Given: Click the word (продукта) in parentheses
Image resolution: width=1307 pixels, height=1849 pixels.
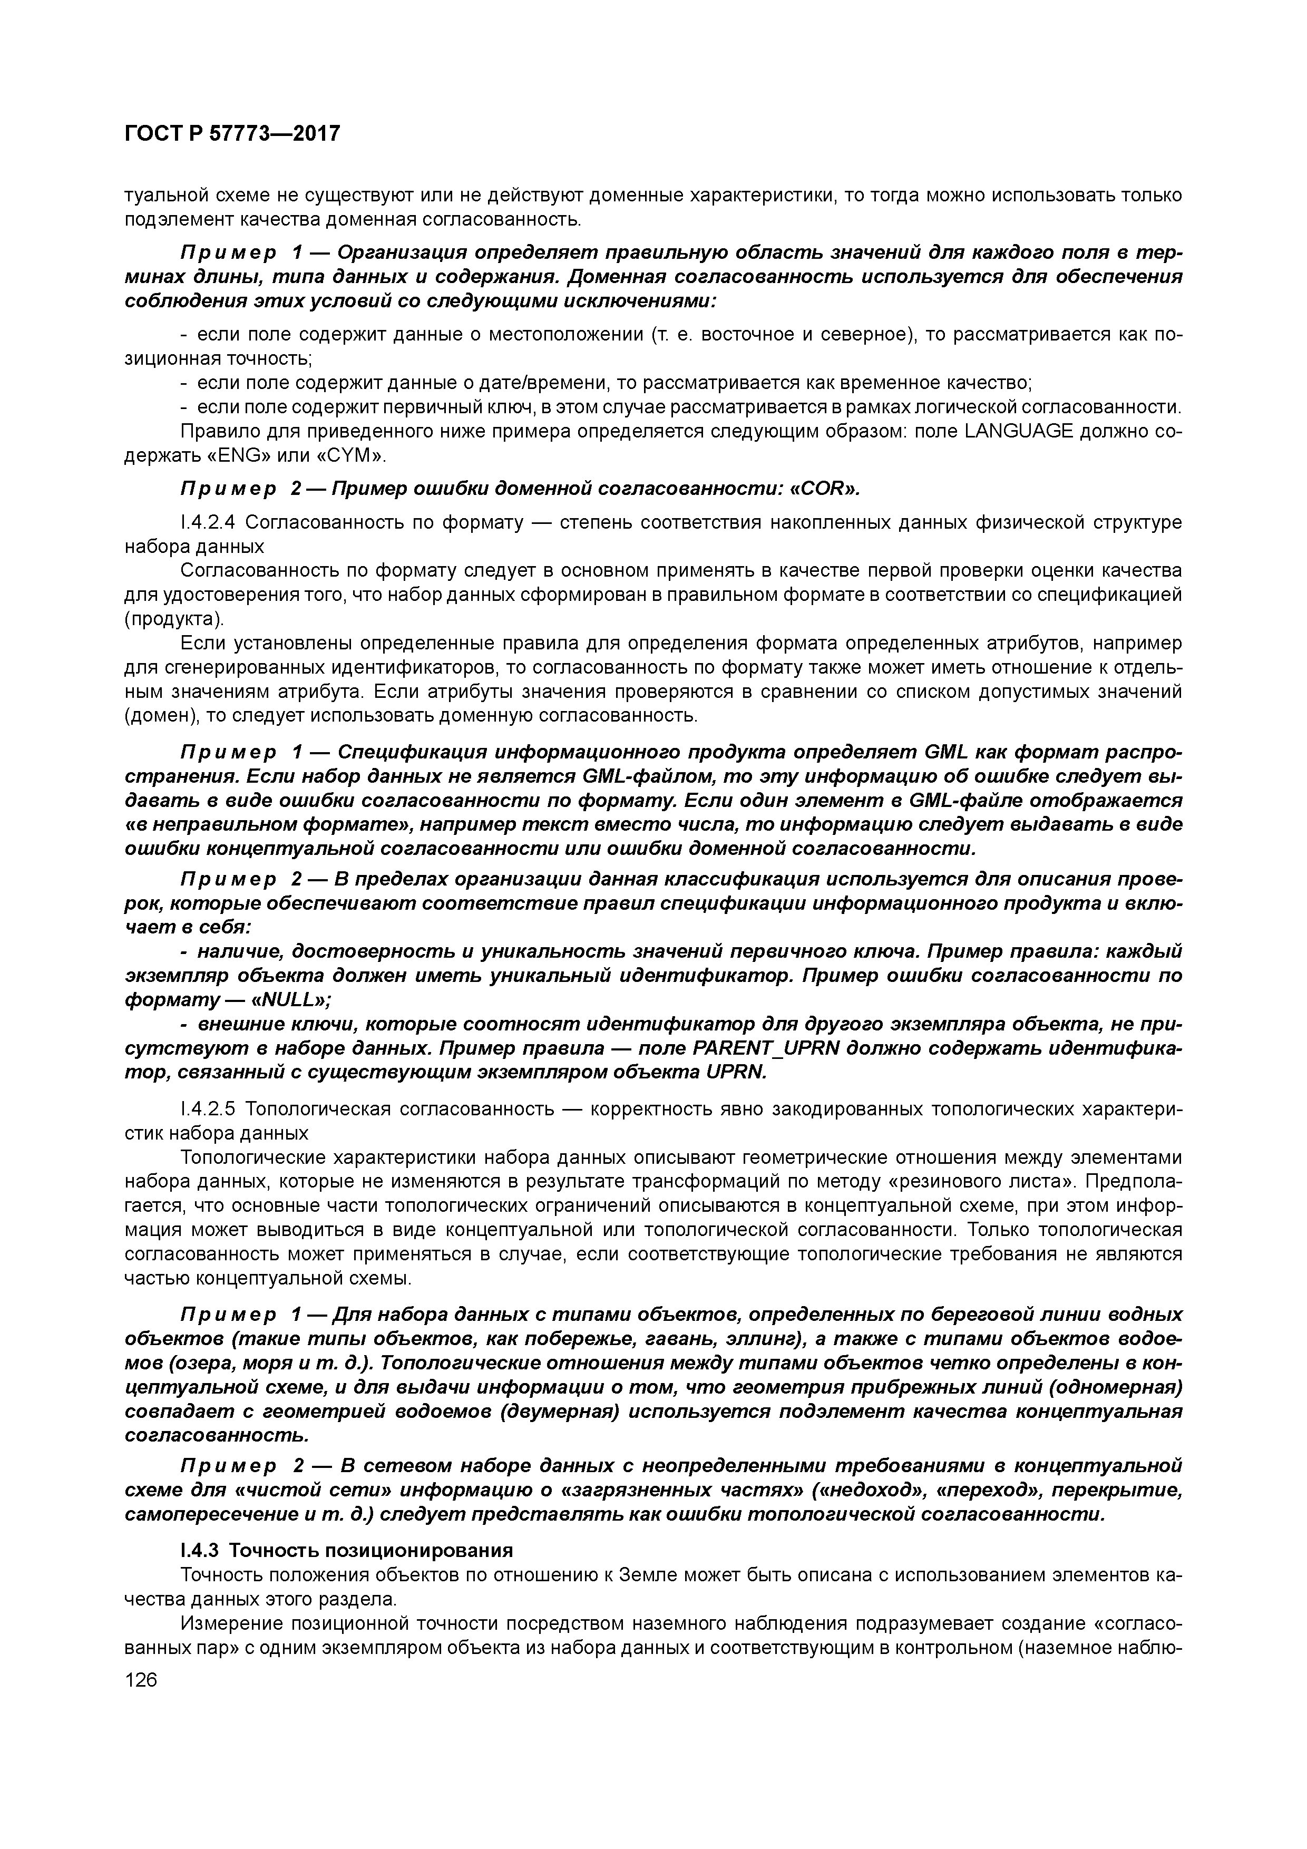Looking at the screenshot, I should pos(173,619).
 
